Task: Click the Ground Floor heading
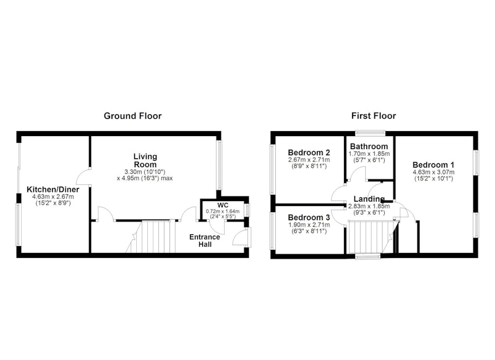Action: (x=132, y=116)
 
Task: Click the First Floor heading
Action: (x=374, y=116)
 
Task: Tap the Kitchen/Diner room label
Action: (x=53, y=190)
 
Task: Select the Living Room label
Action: (x=145, y=160)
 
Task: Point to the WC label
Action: (x=223, y=205)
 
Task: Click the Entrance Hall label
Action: (x=205, y=241)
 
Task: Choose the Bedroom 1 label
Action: (x=434, y=165)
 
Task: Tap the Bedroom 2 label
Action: (x=309, y=153)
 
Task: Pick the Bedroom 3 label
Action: (x=309, y=217)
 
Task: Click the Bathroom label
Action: (x=369, y=147)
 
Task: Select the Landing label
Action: (x=369, y=199)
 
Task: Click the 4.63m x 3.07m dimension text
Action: (x=434, y=173)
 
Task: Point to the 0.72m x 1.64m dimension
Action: (x=223, y=212)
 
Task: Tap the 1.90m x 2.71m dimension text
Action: (x=309, y=225)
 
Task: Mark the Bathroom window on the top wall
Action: (x=370, y=133)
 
